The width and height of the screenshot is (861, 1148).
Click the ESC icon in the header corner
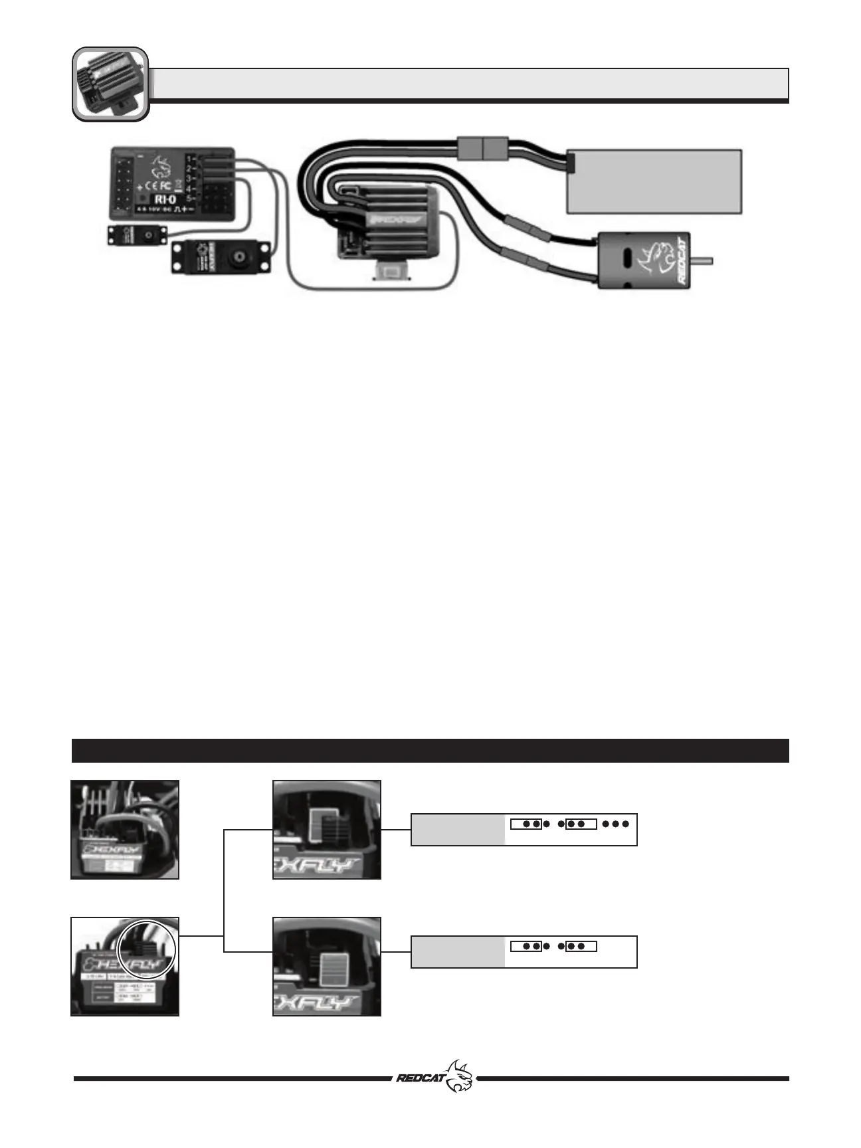[110, 84]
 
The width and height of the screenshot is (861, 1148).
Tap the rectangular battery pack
[654, 181]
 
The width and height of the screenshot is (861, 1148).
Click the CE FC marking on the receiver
[159, 179]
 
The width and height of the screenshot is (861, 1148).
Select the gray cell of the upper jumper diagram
[458, 829]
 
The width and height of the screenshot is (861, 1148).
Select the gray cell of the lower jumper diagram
[458, 951]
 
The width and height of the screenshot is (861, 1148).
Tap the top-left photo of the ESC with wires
[125, 830]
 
